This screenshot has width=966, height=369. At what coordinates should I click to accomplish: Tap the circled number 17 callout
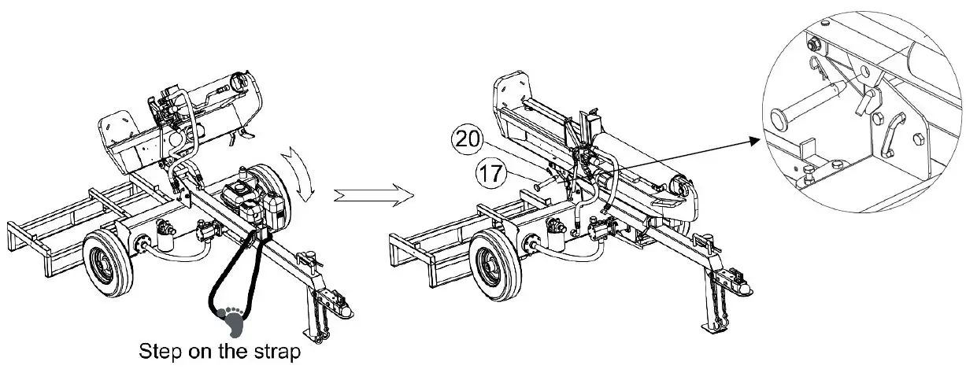(490, 173)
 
